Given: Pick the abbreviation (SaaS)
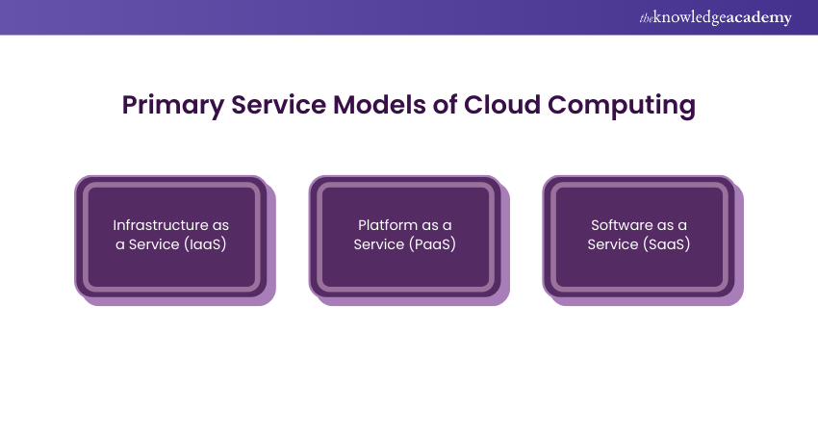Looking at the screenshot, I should tap(666, 244).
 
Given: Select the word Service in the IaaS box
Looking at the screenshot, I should tap(155, 244).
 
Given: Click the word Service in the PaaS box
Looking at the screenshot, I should tap(380, 244).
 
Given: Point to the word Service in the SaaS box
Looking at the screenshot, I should tap(613, 244).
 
